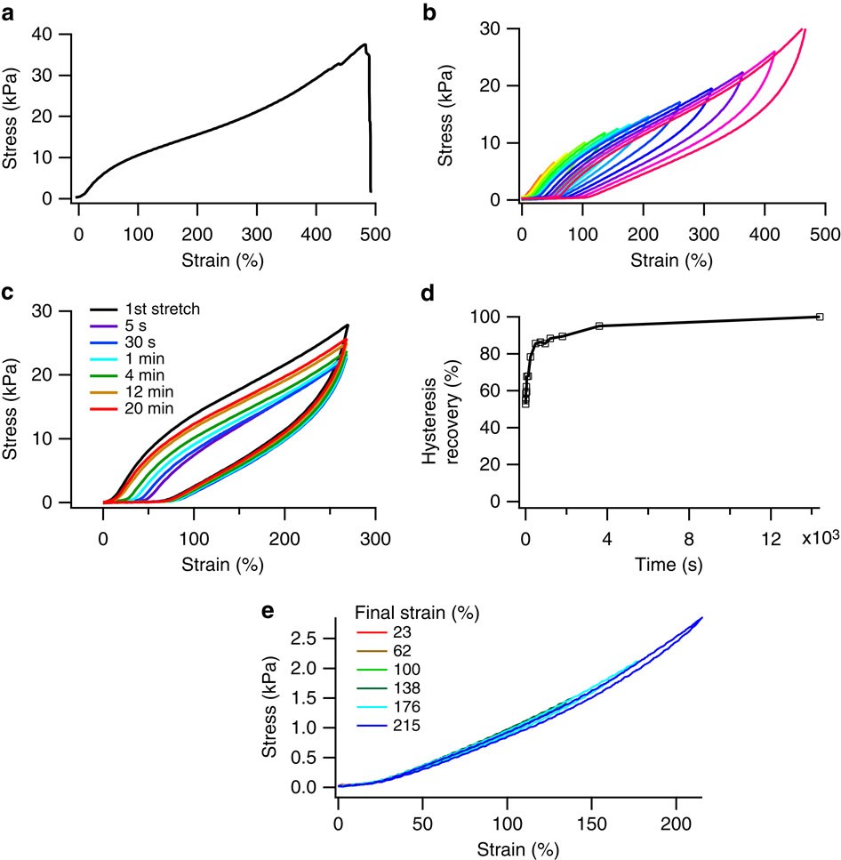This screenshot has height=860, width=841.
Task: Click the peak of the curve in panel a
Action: click(364, 44)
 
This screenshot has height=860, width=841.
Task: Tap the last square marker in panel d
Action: click(819, 317)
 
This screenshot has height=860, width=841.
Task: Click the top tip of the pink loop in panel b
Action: click(803, 29)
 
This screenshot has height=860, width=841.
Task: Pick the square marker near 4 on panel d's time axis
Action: click(599, 326)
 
